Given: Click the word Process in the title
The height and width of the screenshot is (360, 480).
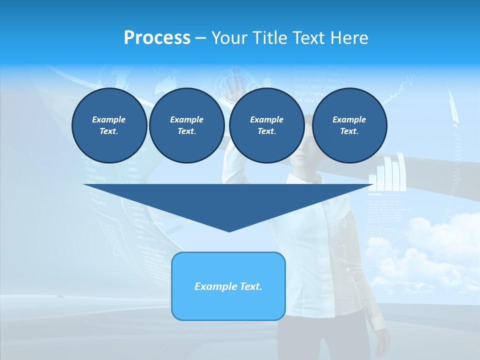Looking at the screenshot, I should [x=157, y=38].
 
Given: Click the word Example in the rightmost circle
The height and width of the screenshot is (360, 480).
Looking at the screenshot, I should [x=349, y=119].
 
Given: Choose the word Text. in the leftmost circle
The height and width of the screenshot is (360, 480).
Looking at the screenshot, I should [x=109, y=131].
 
